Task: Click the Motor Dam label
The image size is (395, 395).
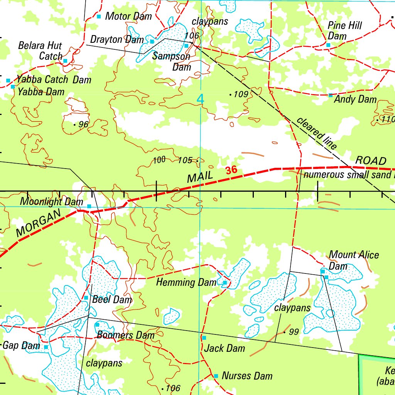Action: point(128,16)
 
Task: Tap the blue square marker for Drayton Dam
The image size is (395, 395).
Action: point(152,41)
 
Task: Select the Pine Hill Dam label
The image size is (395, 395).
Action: point(344,31)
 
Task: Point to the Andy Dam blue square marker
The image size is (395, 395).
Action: point(330,95)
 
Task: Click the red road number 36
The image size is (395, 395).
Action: point(231,170)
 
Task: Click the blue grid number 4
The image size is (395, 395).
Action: point(200,99)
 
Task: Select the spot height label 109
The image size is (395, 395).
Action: point(241,94)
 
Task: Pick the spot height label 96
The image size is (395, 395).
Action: point(83,124)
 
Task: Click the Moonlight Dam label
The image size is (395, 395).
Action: point(52,201)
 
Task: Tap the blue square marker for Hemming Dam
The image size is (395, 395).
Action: point(225,283)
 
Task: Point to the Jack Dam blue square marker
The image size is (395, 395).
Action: point(204,338)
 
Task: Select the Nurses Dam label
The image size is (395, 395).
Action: point(247,376)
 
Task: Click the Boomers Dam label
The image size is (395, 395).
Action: point(125,335)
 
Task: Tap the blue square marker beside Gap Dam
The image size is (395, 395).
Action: point(46,347)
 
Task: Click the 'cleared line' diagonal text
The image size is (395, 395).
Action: point(317,133)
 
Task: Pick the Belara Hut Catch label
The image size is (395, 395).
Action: point(40,51)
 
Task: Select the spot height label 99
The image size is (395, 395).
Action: point(294,332)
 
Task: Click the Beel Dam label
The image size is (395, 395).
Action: point(112,299)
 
